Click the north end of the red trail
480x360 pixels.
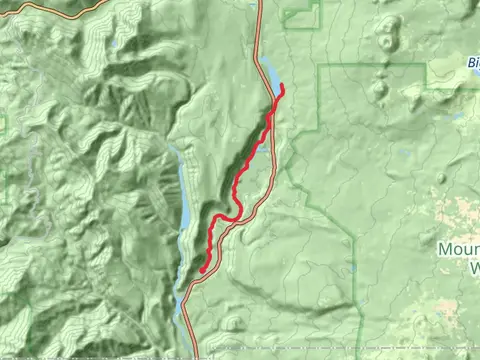click(283, 87)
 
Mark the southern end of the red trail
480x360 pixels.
click(202, 270)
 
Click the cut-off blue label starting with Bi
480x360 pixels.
click(473, 61)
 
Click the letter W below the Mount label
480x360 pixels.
click(472, 267)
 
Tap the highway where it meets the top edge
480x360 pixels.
click(259, 3)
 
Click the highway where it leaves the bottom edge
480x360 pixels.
click(194, 356)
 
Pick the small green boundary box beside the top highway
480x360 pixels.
click(299, 14)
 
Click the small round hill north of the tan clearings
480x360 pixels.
click(441, 178)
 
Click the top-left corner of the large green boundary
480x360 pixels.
click(319, 66)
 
